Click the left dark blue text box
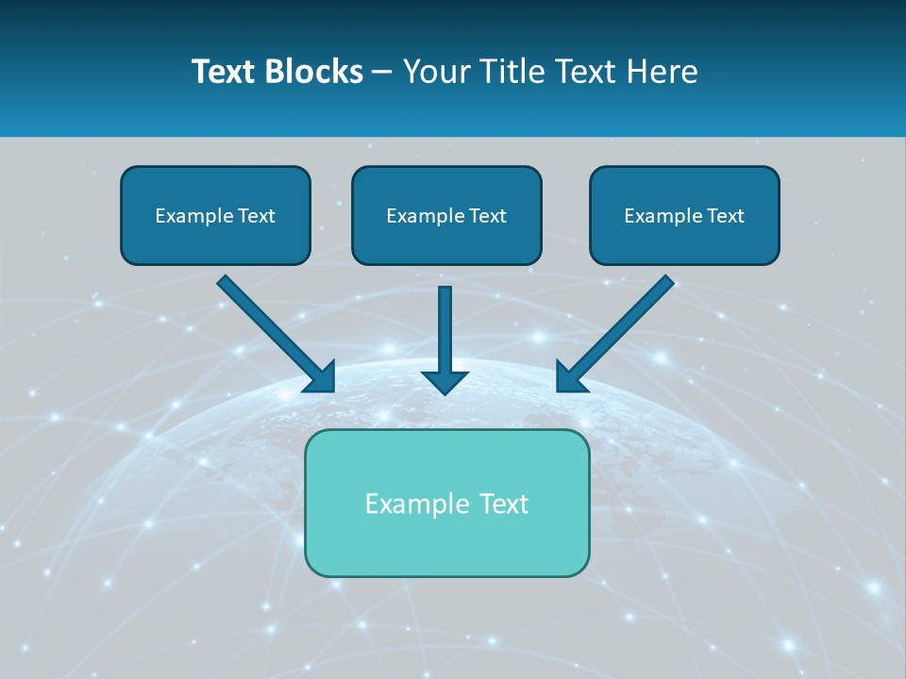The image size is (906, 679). (x=215, y=216)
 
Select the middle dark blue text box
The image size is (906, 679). (x=446, y=216)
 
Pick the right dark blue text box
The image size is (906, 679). (x=684, y=216)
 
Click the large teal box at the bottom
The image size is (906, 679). (x=446, y=503)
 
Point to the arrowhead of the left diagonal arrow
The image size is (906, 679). (x=321, y=377)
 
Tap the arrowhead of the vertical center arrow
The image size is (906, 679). (x=445, y=382)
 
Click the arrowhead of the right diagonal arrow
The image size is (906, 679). (x=570, y=377)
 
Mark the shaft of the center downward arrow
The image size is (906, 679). (x=445, y=325)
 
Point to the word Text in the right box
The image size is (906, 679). (x=726, y=216)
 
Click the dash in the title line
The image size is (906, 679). (x=382, y=72)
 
